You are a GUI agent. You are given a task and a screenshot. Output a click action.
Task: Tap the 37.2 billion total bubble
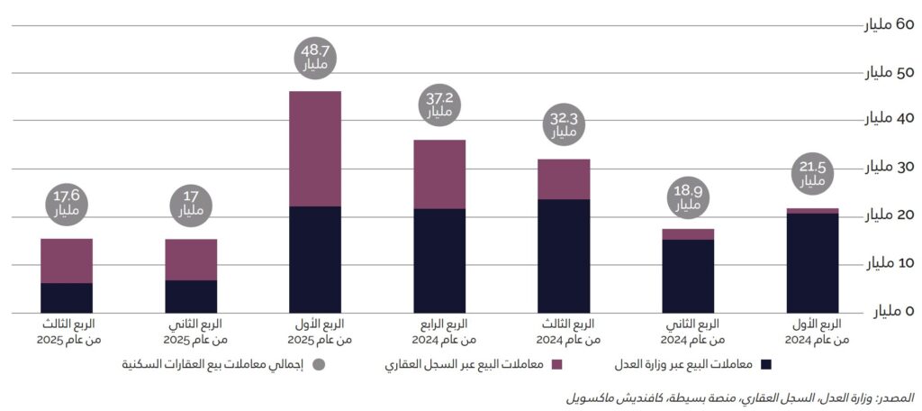point(439,106)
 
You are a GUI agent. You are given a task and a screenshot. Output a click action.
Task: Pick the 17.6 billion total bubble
point(67,206)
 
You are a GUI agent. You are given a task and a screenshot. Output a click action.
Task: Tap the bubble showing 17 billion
point(191,206)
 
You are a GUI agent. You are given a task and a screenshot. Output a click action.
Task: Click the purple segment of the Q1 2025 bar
point(315,149)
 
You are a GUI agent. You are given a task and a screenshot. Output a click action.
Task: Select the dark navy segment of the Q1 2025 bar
point(315,260)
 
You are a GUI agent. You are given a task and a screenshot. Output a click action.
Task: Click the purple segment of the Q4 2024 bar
point(439,174)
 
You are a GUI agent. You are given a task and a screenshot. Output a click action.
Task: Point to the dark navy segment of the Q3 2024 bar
point(564,256)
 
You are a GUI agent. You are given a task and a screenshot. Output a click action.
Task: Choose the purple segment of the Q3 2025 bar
point(67,260)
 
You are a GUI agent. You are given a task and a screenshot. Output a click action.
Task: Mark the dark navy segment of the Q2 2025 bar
point(191,297)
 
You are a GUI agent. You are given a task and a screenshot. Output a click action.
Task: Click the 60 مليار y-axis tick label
point(890,24)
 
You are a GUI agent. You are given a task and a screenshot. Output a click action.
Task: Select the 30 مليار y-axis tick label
point(890,168)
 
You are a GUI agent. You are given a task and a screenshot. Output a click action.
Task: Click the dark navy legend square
point(767,365)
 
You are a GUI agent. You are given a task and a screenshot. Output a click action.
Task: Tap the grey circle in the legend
point(318,365)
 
